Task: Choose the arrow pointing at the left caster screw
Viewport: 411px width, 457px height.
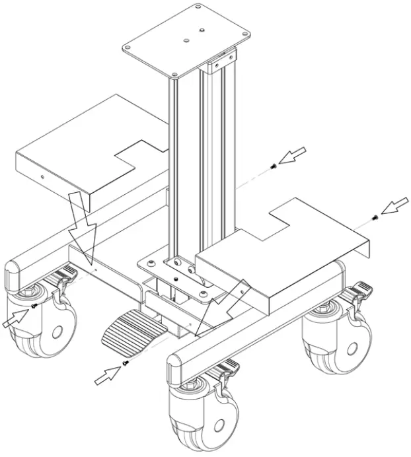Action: click(15, 319)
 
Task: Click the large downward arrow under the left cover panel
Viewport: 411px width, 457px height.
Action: click(82, 221)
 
